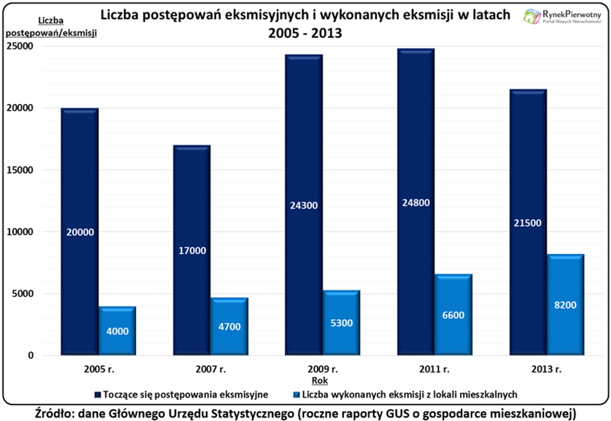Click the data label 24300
[304, 206]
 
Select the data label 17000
[192, 251]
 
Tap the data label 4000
[117, 332]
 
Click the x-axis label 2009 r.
[323, 368]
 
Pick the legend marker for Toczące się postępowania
[98, 394]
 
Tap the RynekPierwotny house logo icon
[532, 16]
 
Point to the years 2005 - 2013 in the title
[305, 33]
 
